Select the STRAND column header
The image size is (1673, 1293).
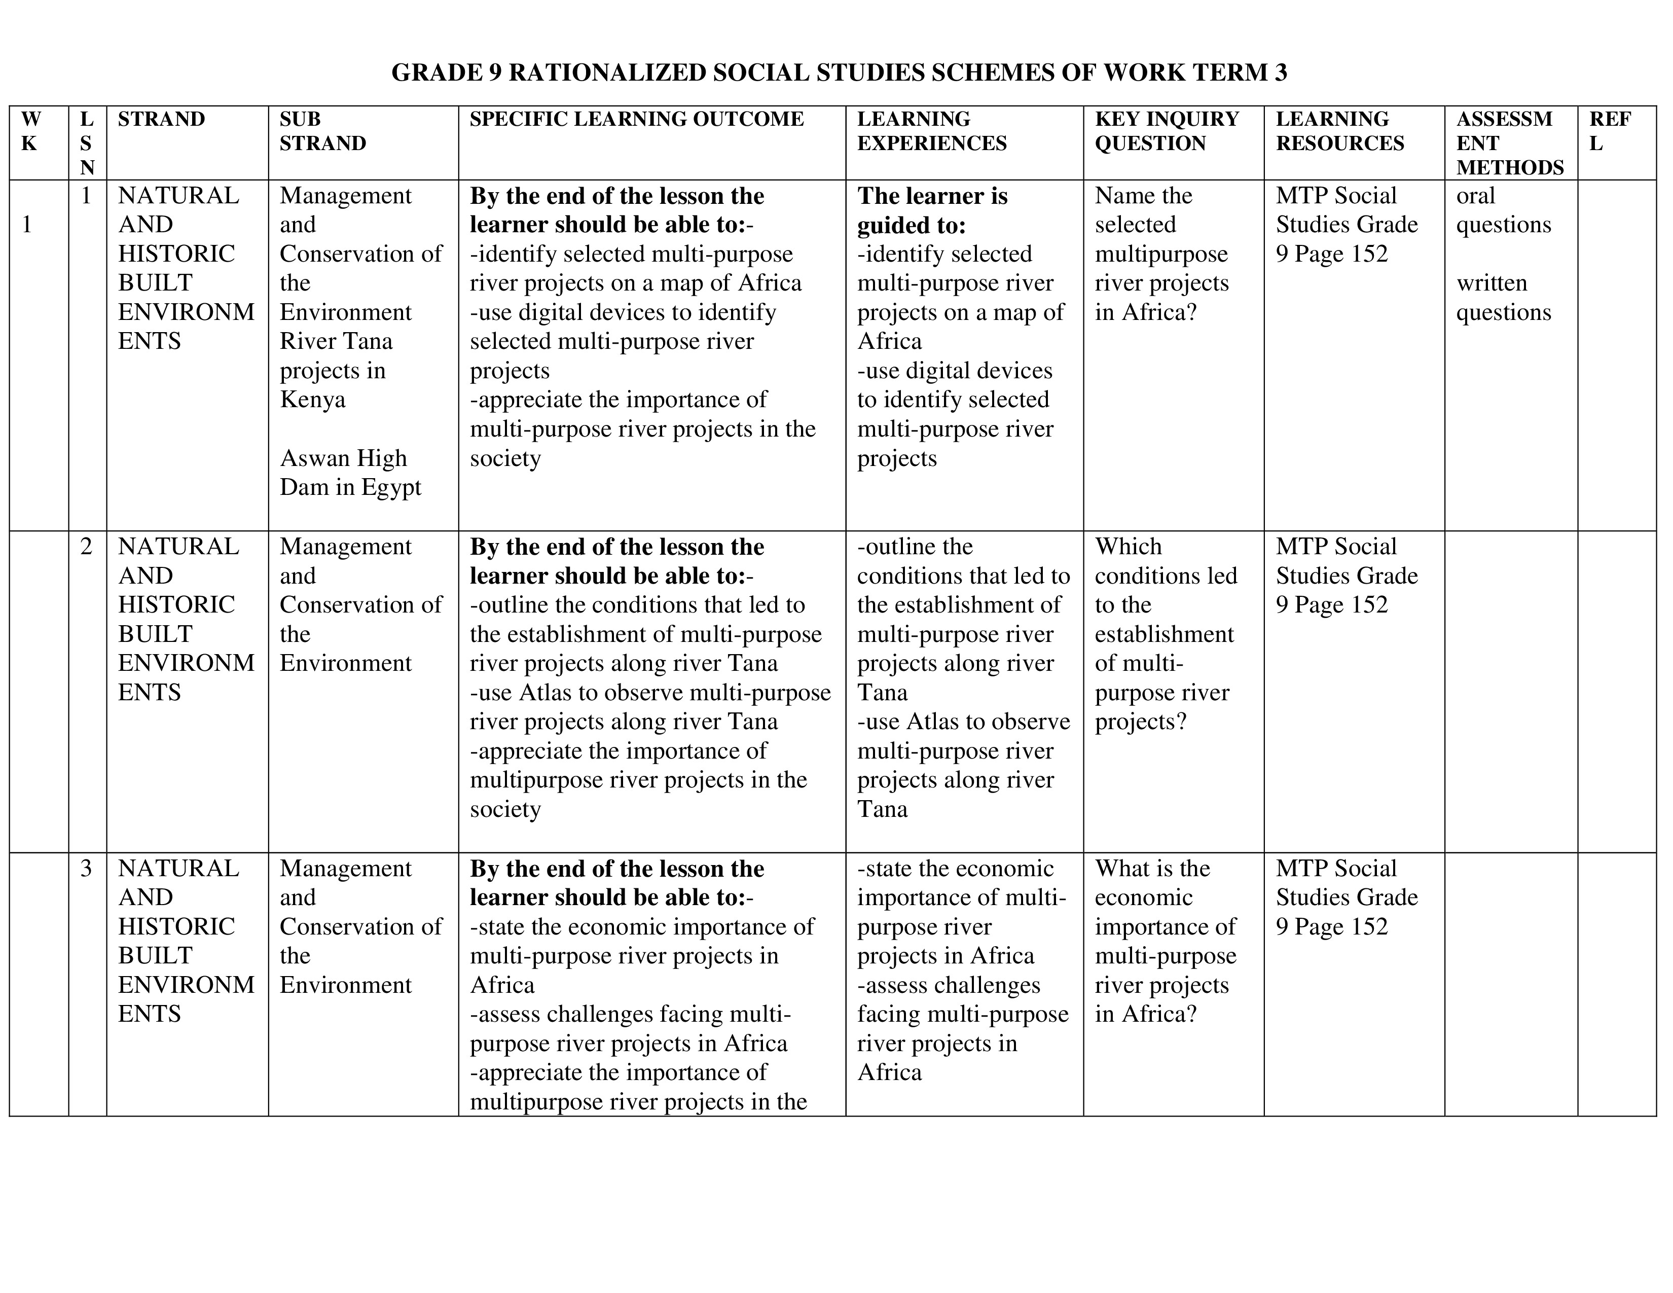point(162,120)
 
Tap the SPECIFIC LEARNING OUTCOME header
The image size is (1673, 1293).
point(637,120)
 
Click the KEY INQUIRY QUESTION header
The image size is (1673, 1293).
point(1166,131)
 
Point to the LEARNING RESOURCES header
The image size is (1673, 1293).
point(1340,131)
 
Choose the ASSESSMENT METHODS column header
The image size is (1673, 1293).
point(1509,143)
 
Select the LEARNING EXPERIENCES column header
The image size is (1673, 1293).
point(931,131)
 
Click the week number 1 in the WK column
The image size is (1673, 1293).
point(27,225)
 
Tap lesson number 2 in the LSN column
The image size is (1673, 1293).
point(87,547)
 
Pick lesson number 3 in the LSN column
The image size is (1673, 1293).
point(87,869)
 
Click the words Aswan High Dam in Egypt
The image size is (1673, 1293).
point(350,473)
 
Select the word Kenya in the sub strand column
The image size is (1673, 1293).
point(312,400)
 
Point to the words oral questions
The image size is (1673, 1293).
point(1503,210)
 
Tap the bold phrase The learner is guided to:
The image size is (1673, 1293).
point(931,210)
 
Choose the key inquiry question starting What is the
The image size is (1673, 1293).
point(1165,942)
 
